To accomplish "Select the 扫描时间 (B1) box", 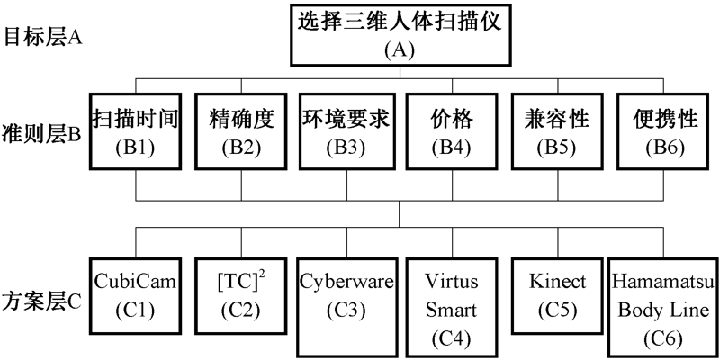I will tap(136, 130).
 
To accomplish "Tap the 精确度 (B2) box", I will tap(241, 130).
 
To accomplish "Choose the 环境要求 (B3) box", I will tap(346, 130).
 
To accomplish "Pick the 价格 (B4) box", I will tap(452, 130).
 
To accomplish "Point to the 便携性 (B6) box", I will tap(662, 130).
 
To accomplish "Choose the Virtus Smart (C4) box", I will tap(452, 307).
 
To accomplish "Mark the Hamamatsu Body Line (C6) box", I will tap(663, 307).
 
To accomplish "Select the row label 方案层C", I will tap(44, 299).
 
